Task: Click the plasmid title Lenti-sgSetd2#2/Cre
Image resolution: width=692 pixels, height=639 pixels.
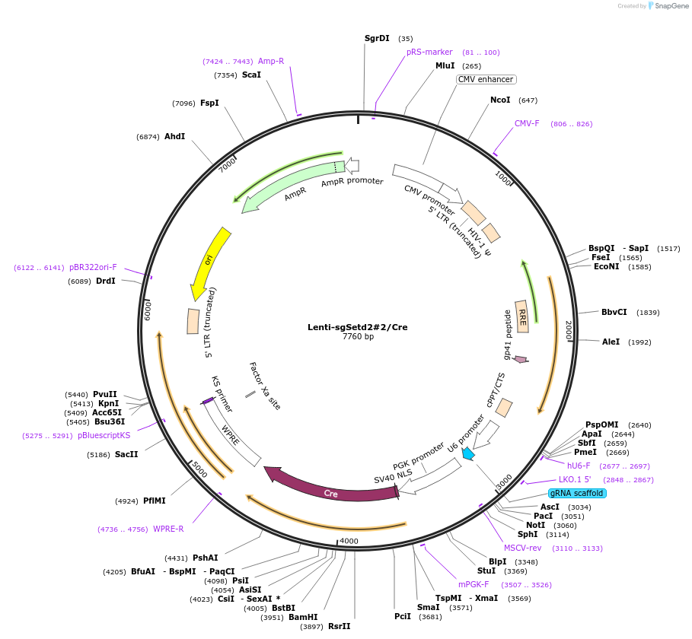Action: pos(357,327)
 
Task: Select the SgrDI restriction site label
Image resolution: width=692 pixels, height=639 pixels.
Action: pos(377,38)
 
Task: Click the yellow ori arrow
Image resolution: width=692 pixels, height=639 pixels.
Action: pos(210,259)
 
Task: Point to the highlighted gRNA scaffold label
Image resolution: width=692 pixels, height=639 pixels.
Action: pos(577,493)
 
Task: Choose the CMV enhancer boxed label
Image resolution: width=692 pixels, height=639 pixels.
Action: pos(486,79)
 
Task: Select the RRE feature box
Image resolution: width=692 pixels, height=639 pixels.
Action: pos(522,316)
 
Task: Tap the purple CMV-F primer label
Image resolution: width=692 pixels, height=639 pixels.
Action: pos(527,123)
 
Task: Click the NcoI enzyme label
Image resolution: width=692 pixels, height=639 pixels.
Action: pos(500,100)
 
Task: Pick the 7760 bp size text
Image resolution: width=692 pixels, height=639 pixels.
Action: pos(358,336)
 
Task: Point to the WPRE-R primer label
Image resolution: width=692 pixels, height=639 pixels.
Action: pos(168,529)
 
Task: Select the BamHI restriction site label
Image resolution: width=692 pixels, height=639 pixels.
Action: pos(303,617)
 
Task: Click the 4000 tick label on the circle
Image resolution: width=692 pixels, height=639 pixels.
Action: pos(349,541)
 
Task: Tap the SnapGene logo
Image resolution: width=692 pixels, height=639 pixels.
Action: pos(669,6)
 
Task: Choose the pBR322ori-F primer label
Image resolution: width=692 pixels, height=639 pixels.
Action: pos(93,267)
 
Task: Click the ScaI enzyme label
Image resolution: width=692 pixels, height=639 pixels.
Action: pos(251,75)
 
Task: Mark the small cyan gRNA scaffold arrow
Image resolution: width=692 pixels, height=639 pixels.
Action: pos(467,453)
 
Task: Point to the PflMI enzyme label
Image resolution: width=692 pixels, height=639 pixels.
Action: pos(155,501)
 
